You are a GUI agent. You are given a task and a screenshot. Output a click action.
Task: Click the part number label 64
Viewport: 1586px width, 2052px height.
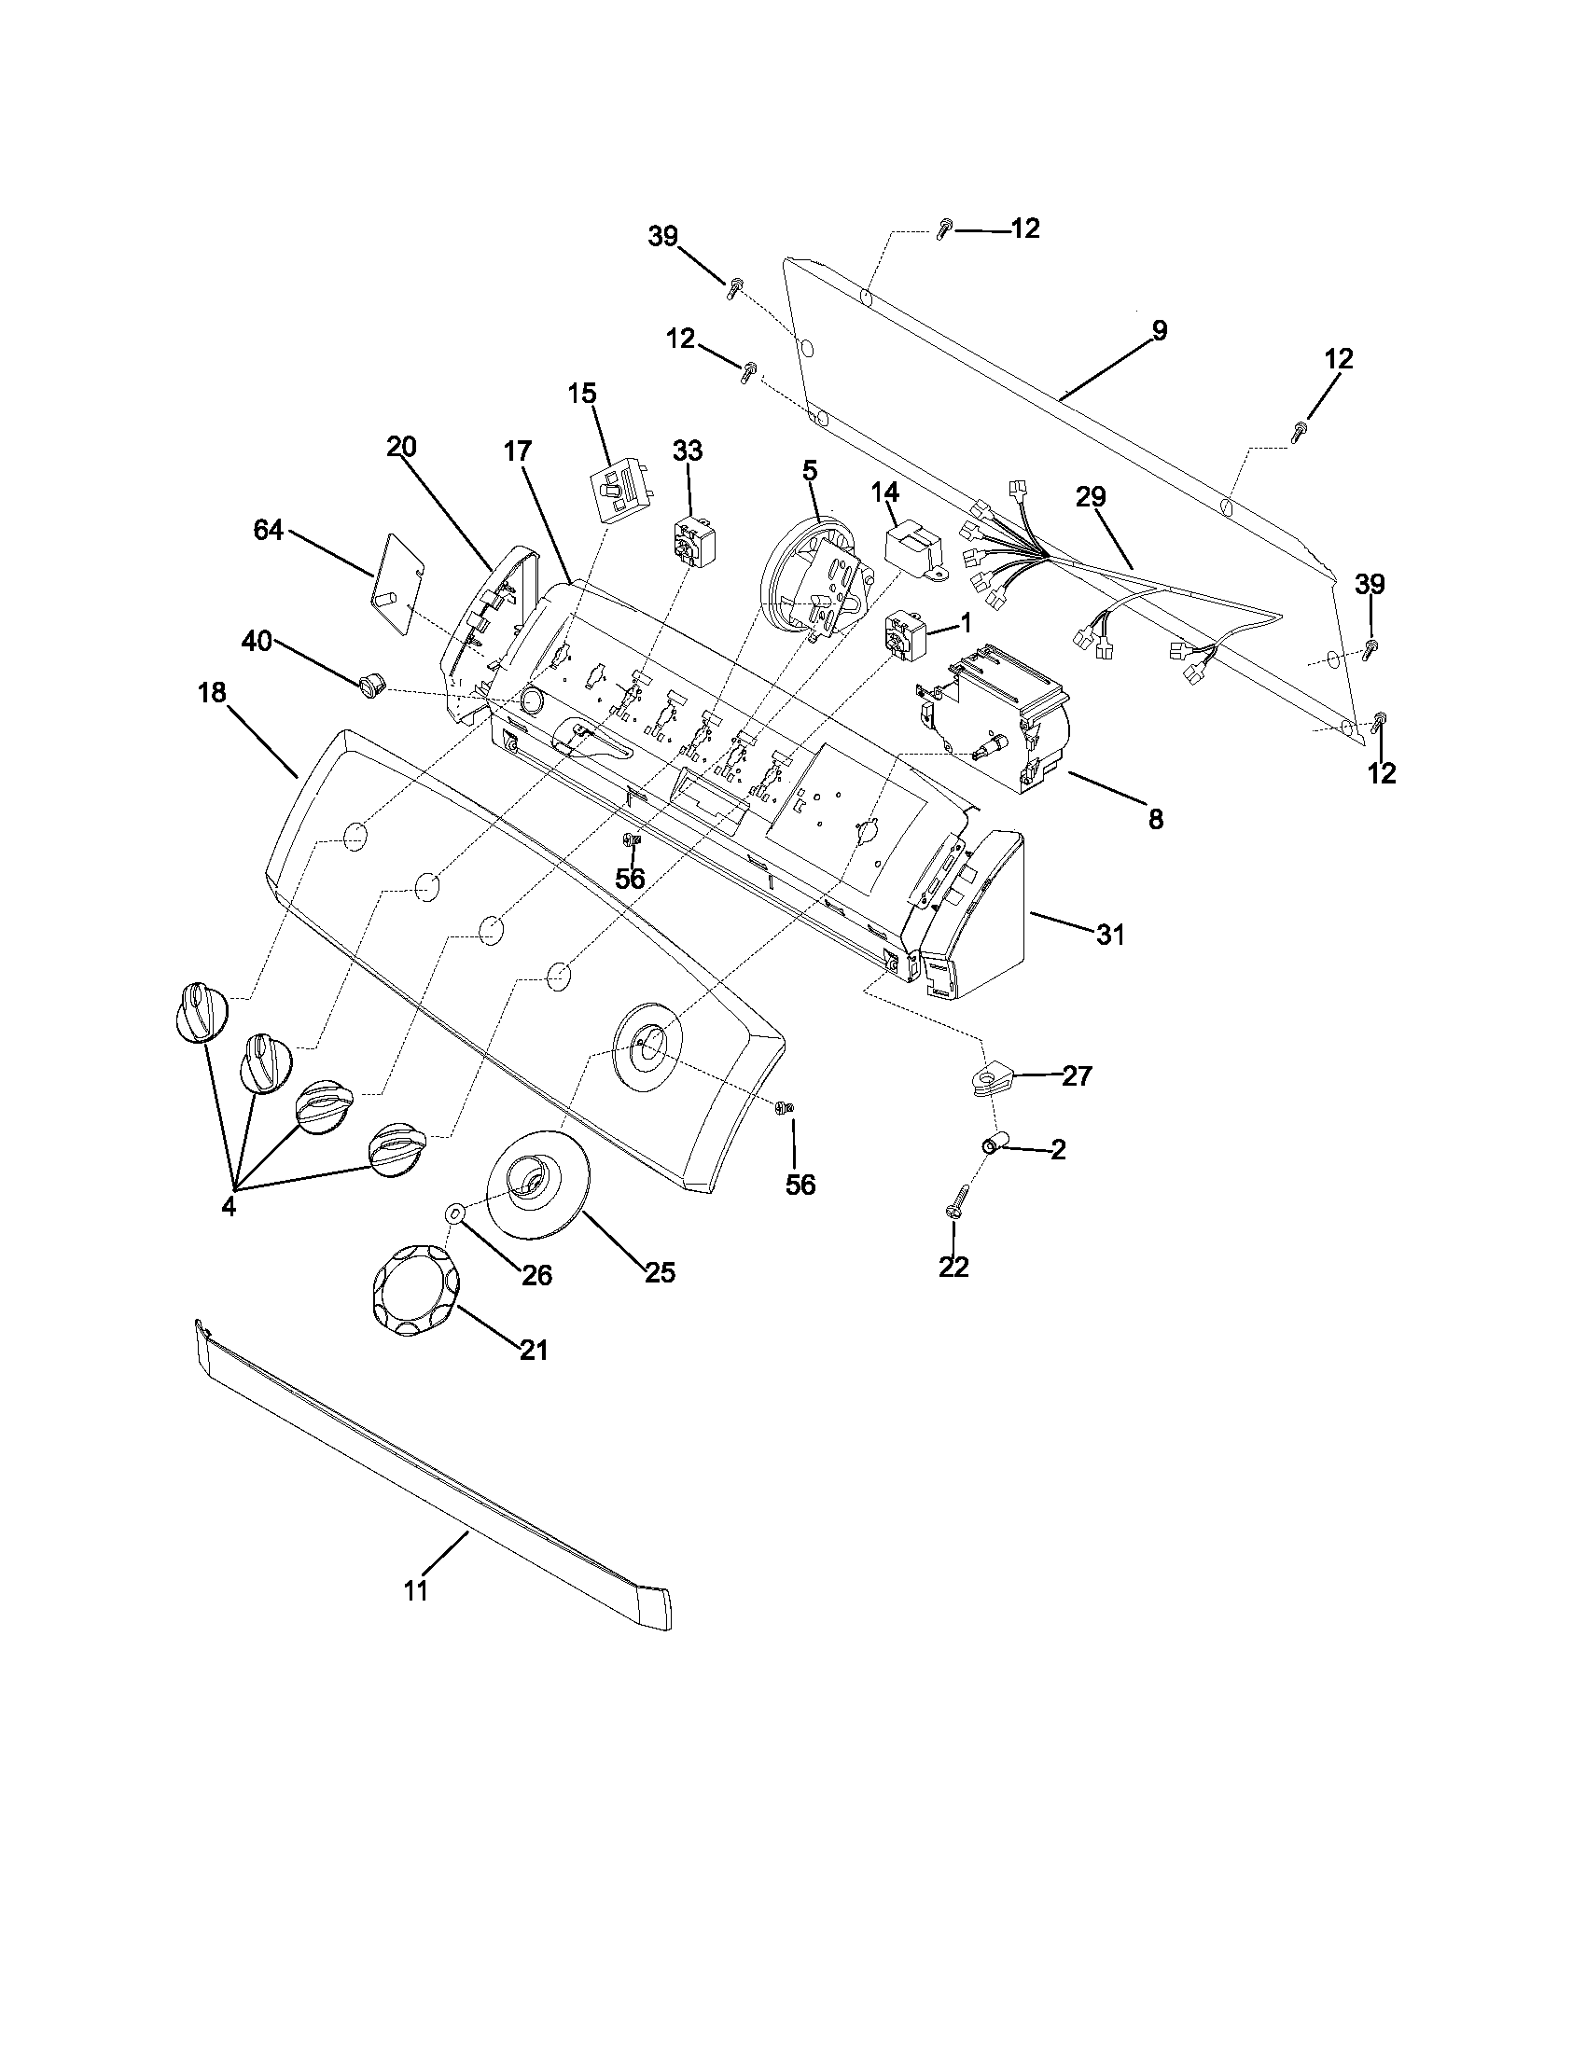click(268, 531)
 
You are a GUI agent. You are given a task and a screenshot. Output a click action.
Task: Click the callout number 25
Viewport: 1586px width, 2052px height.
click(660, 1273)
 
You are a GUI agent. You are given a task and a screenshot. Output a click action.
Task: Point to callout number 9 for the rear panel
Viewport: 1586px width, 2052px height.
click(1160, 331)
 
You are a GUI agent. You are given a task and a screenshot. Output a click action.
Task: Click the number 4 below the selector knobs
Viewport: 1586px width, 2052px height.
click(229, 1207)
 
